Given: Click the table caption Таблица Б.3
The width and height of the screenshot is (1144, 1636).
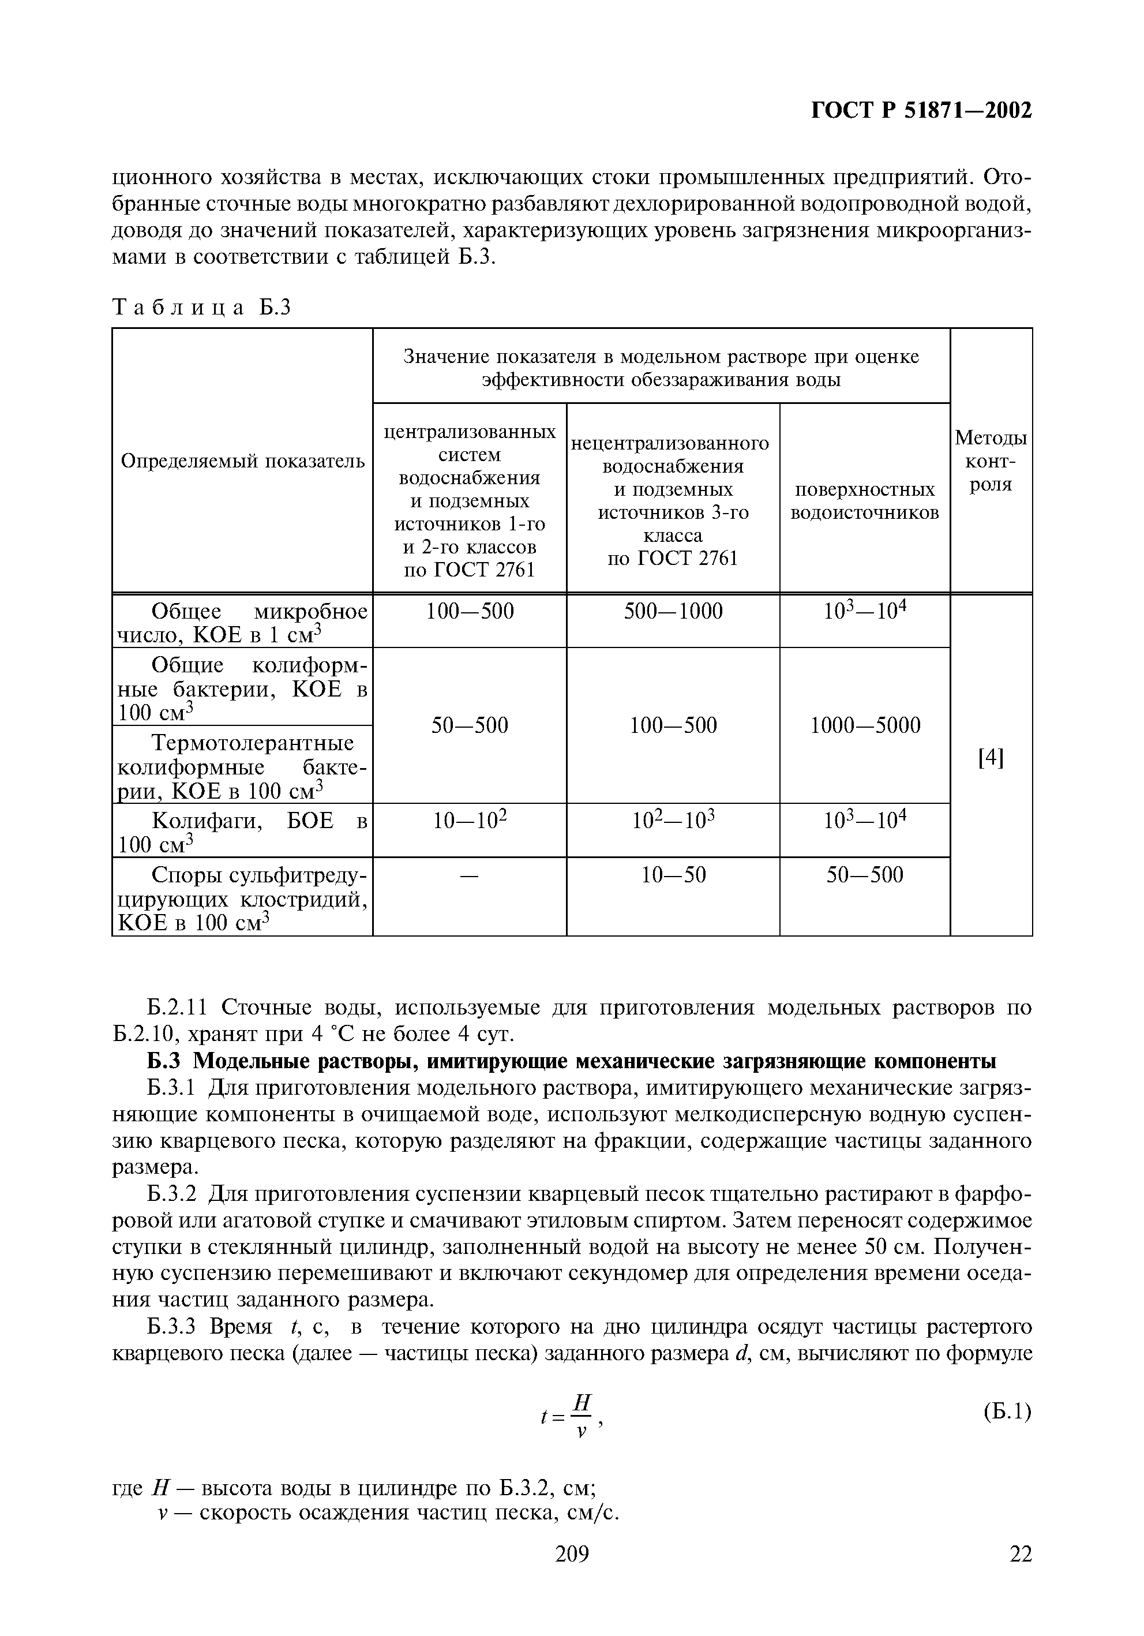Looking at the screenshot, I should pos(202,307).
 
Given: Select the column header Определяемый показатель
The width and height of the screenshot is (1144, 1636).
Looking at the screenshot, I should pos(242,462).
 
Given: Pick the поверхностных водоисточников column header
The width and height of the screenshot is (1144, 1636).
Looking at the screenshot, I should pos(864,501).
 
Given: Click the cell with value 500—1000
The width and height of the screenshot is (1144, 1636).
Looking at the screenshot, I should pos(673,611).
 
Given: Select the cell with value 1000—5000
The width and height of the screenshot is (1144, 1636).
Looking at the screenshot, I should pos(865,725).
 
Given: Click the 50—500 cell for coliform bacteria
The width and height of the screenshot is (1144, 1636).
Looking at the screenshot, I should pos(470,725).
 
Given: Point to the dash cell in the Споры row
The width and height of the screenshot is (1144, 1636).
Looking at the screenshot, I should pos(470,875).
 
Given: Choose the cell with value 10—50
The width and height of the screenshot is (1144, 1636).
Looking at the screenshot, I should pos(673,875).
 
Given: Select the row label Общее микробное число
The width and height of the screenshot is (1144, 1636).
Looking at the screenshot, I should pos(242,623).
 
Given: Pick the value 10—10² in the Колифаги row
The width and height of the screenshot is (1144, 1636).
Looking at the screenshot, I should pos(470,822).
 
